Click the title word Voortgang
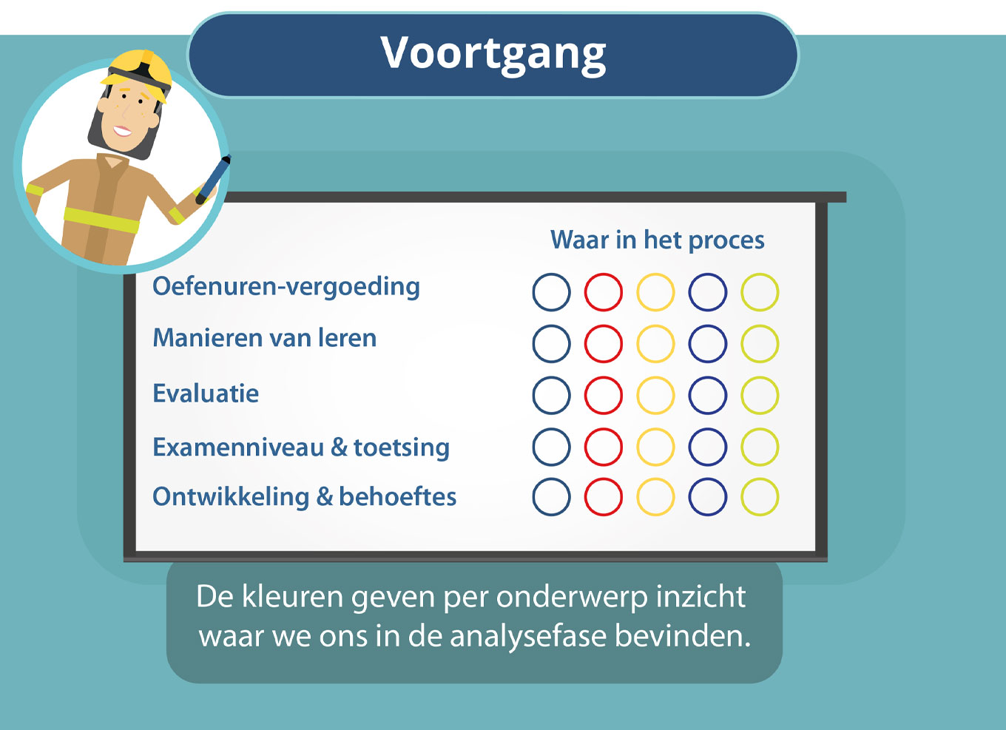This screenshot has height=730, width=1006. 493,54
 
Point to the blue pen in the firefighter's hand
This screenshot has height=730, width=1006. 213,179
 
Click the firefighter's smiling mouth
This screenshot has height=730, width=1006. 122,131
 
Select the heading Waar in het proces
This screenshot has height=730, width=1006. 658,240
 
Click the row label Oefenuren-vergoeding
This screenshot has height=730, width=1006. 286,287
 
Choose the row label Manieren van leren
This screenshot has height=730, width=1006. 265,337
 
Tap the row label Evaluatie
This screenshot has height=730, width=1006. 206,393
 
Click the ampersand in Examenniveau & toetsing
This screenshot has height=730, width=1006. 339,447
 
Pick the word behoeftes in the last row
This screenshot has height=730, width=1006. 397,496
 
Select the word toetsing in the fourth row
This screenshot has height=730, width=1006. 402,447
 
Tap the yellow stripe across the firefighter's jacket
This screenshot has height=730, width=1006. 101,220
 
